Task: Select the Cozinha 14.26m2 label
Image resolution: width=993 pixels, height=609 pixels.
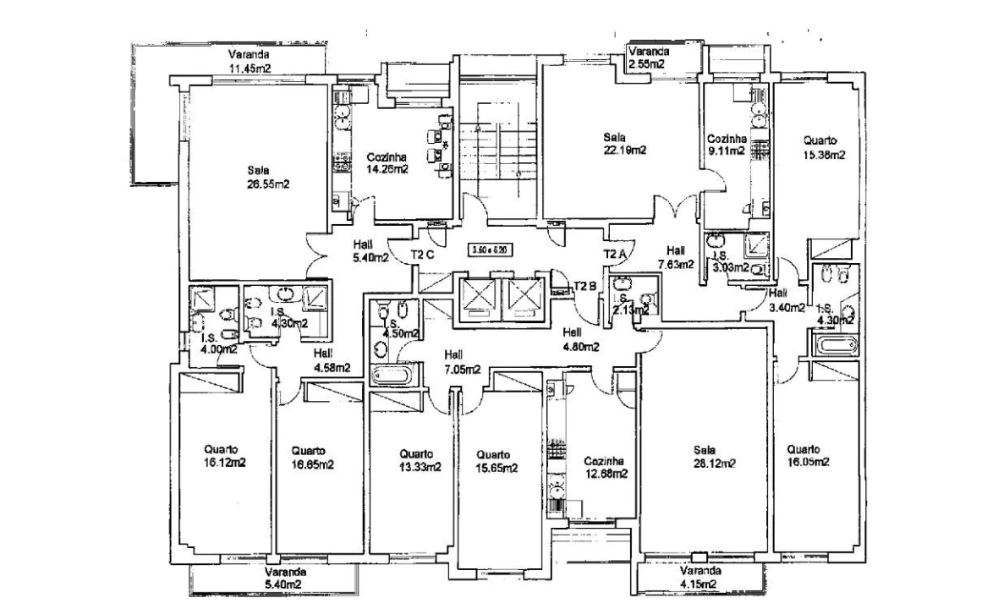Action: [x=387, y=162]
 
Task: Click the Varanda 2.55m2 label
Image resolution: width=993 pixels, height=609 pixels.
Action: [x=645, y=57]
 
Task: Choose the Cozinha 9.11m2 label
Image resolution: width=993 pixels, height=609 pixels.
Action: [x=726, y=145]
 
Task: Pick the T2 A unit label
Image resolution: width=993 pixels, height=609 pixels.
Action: [x=615, y=253]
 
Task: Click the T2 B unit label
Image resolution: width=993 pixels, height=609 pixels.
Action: [x=585, y=285]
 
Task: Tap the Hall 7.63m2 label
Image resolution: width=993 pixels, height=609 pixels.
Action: [x=675, y=256]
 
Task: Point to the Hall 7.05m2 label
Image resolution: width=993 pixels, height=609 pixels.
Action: [x=463, y=362]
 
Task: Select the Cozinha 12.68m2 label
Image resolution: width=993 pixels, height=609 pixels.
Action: [x=605, y=467]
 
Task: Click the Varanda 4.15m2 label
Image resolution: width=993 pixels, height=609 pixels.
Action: [x=699, y=577]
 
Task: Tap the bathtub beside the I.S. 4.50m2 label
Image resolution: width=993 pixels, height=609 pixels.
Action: [x=395, y=376]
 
